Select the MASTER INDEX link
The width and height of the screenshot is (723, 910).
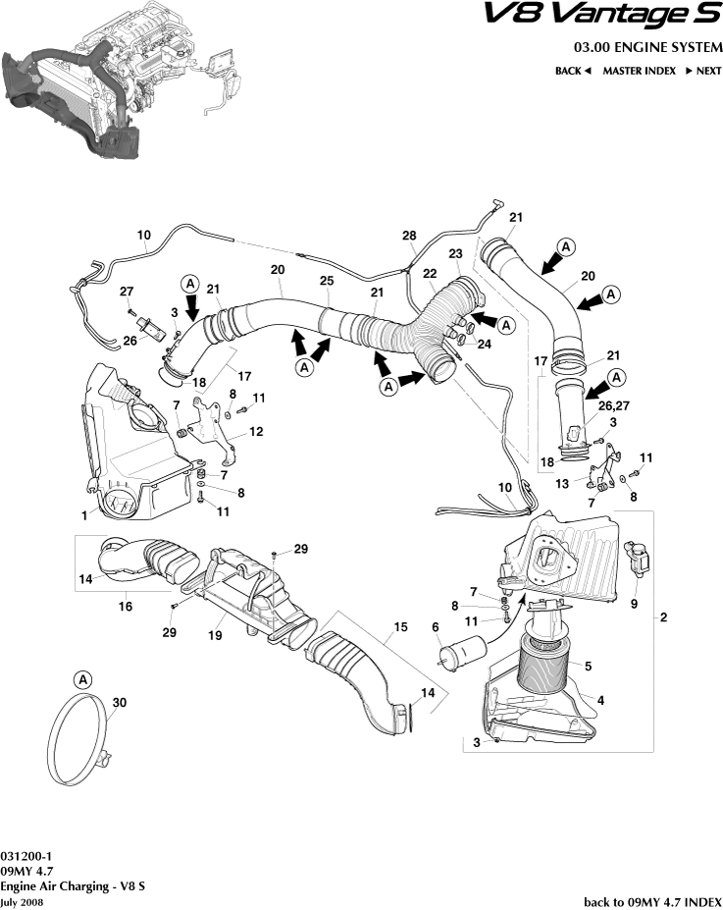639,71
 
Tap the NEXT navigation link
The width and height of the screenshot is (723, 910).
702,71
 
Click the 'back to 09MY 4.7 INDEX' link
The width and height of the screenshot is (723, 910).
652,901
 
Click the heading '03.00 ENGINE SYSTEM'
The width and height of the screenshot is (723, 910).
648,48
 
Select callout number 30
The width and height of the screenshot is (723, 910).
120,703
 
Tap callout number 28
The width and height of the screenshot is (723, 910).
409,236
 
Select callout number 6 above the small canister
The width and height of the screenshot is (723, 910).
435,626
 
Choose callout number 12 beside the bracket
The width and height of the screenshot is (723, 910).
255,432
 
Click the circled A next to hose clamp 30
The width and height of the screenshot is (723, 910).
83,679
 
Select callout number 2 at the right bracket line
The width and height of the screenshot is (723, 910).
664,617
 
